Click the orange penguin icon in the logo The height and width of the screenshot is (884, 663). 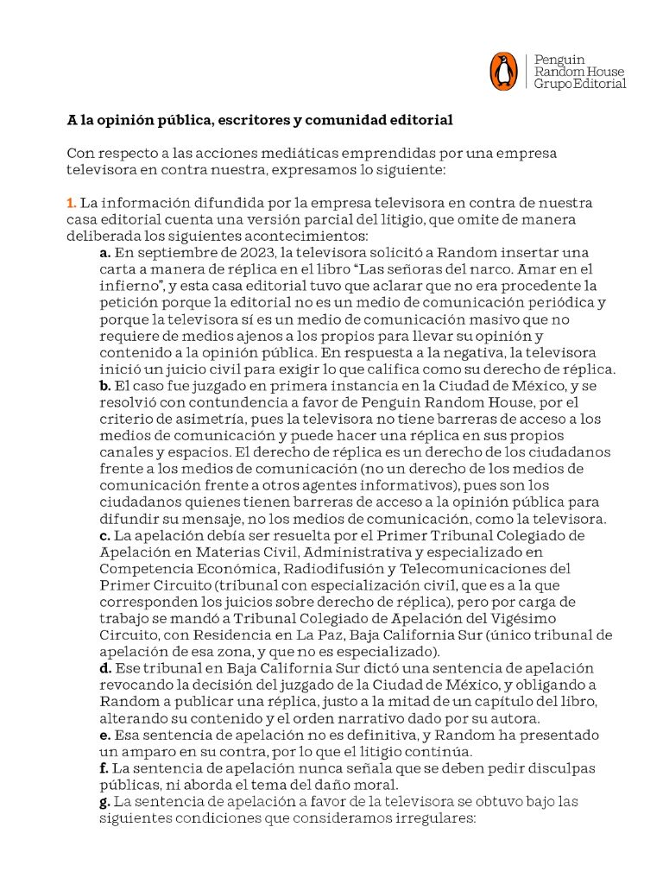(x=503, y=72)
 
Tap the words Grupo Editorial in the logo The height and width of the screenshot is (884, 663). (x=580, y=85)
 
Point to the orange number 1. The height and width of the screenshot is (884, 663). (x=72, y=203)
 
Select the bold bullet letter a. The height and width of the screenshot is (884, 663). (x=104, y=253)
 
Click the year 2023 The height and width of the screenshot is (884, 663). (x=243, y=253)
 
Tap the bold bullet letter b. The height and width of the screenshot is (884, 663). (x=104, y=386)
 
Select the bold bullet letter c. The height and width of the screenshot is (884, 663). (x=104, y=535)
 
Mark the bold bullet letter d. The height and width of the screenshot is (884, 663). (x=104, y=668)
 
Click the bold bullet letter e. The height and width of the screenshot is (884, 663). (x=104, y=735)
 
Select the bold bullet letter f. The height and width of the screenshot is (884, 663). (x=104, y=767)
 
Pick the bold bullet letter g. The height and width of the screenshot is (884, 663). (x=104, y=801)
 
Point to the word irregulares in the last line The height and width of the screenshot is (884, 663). (x=437, y=818)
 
